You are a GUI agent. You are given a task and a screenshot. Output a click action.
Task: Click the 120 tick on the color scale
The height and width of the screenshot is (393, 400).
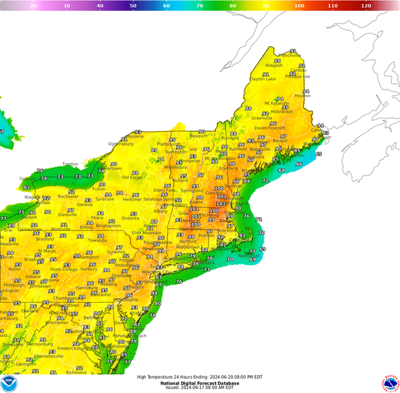click(366, 5)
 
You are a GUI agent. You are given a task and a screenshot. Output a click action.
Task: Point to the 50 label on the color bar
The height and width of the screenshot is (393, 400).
click(133, 5)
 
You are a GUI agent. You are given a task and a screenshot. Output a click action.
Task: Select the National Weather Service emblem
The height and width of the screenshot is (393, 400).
click(390, 383)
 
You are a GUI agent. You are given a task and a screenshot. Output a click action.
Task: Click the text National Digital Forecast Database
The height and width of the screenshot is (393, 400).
click(199, 383)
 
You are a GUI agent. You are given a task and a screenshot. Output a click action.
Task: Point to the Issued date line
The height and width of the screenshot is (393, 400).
click(199, 388)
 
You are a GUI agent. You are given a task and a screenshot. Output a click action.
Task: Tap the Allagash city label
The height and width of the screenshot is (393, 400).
click(274, 65)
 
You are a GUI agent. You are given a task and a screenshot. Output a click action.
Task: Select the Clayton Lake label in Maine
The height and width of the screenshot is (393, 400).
click(263, 79)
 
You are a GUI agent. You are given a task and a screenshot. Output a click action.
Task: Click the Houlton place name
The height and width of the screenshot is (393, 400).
click(303, 96)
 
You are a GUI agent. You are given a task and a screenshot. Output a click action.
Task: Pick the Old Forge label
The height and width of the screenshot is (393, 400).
click(132, 177)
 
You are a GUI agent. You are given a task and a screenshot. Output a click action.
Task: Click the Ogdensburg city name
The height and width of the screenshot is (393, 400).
click(120, 143)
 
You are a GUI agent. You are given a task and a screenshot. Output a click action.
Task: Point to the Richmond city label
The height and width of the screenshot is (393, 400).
click(76, 372)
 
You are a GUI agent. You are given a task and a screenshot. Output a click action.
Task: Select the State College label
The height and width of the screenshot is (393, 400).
click(65, 269)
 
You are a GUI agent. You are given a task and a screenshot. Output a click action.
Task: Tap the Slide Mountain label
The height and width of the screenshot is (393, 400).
click(146, 232)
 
